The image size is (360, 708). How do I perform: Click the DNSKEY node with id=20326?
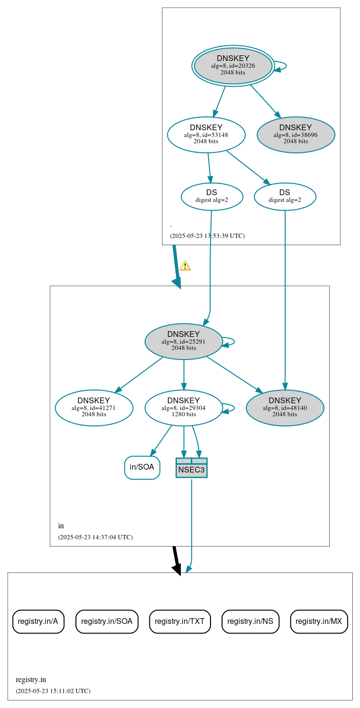click(x=233, y=66)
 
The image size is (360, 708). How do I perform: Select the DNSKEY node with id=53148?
click(x=206, y=135)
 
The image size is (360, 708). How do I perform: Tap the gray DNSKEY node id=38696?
click(x=296, y=135)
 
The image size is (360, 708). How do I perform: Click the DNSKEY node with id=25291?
click(x=184, y=341)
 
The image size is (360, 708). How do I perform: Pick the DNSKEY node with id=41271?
click(x=94, y=408)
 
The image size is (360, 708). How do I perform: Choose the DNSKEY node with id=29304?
click(x=184, y=408)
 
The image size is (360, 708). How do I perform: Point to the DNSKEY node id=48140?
click(x=285, y=408)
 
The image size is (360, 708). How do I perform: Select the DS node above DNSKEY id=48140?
click(x=285, y=197)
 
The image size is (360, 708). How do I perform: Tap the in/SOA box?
click(x=142, y=467)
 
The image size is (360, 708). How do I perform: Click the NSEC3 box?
click(x=191, y=468)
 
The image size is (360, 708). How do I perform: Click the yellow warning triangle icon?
click(x=185, y=266)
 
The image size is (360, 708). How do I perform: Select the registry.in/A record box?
click(x=38, y=621)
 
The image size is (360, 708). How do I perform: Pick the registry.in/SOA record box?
click(x=107, y=621)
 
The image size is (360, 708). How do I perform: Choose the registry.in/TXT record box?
click(x=180, y=621)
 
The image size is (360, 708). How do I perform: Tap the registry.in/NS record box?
click(x=250, y=621)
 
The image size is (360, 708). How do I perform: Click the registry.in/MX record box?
click(x=319, y=621)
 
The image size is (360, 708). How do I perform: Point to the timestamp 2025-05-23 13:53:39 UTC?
click(x=207, y=236)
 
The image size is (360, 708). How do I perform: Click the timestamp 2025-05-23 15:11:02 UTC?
click(x=53, y=691)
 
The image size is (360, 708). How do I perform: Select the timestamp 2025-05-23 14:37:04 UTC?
click(x=95, y=537)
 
